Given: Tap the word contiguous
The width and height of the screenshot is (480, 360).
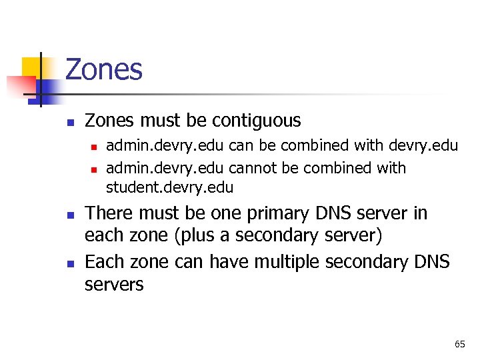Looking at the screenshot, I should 256,121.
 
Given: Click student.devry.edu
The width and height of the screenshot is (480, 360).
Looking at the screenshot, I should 169,187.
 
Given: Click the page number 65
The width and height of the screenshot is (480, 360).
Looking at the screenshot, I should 459,344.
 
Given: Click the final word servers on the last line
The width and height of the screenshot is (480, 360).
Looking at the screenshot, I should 114,285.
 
